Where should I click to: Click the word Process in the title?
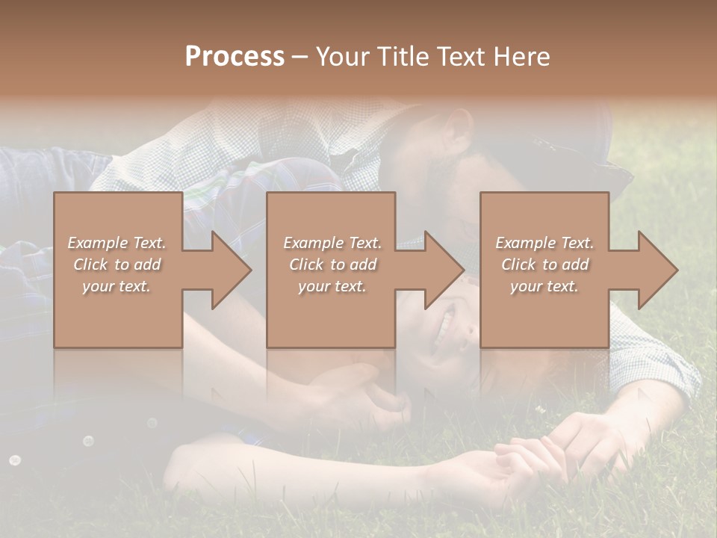(235, 57)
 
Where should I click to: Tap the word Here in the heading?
(521, 57)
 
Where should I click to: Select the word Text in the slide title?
(460, 57)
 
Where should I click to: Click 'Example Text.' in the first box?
(117, 243)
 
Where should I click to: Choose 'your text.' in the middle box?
(332, 286)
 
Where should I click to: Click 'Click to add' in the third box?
(544, 265)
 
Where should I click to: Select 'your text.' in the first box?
(117, 286)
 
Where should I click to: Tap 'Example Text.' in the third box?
(544, 243)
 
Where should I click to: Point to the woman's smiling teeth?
(446, 324)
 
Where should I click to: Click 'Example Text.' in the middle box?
(332, 243)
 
